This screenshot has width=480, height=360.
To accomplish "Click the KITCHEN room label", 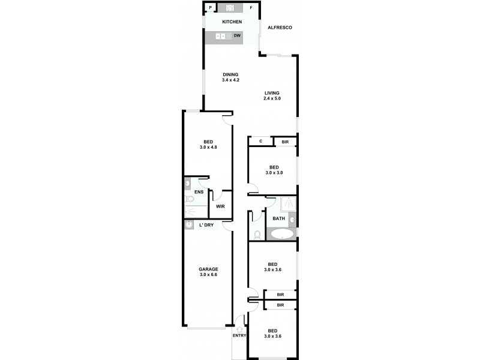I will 232,22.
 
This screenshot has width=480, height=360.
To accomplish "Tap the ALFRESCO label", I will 280,28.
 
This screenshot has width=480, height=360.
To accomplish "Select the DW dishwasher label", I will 237,37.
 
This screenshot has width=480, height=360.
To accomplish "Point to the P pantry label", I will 211,8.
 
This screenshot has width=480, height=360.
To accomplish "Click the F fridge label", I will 251,8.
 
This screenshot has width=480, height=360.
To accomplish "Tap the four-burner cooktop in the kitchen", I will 229,8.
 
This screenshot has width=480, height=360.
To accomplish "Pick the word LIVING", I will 272,92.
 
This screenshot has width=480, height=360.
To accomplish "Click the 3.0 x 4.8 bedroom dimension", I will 208,148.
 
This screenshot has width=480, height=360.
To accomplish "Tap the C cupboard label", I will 260,142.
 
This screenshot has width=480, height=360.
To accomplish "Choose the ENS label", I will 198,192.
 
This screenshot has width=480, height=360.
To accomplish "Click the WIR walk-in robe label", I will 220,206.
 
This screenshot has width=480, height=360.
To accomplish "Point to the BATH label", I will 279,218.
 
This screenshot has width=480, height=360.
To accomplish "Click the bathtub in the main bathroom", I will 281,234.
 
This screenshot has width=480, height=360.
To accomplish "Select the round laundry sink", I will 189,225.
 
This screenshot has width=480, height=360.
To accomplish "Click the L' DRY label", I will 206,225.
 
